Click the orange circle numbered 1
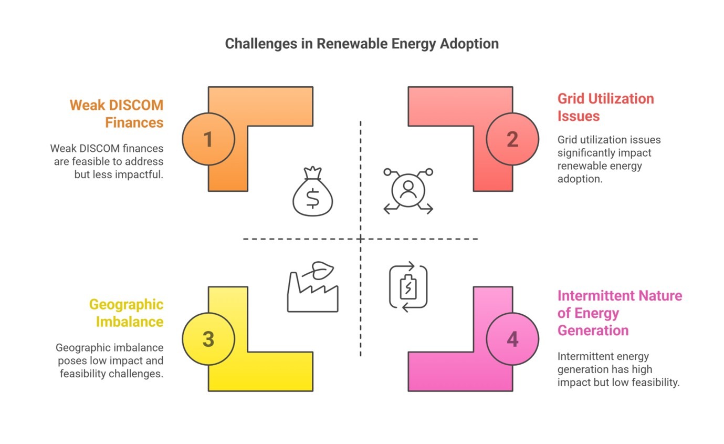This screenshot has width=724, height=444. (x=208, y=139)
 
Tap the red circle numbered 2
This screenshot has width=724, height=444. (x=512, y=139)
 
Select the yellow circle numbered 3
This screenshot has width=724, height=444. (x=208, y=339)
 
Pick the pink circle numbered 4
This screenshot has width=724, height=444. (x=512, y=339)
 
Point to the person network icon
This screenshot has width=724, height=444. (x=408, y=191)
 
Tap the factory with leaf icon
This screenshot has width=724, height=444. (x=312, y=287)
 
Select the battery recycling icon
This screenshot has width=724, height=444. (x=408, y=287)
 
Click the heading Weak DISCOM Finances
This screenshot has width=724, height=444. (x=117, y=114)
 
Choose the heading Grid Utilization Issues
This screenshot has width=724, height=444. (x=606, y=107)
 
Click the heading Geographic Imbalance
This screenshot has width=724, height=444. (x=127, y=313)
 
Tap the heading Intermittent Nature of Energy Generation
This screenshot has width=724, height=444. (x=620, y=313)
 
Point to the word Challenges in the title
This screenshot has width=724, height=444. (x=261, y=44)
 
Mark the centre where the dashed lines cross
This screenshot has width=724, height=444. (x=361, y=239)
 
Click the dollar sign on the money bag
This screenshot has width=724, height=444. (x=312, y=198)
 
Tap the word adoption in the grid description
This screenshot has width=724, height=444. (x=580, y=179)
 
